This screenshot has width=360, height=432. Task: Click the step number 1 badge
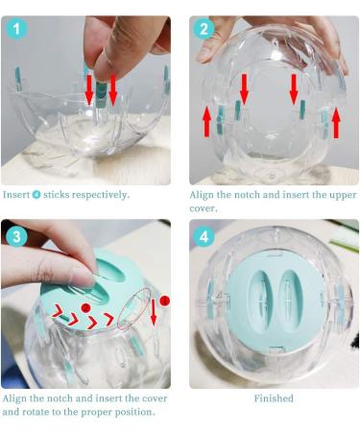(16, 29)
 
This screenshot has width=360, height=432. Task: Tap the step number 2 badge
(204, 29)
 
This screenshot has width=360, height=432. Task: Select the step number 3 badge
(16, 236)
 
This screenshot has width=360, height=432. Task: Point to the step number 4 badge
(204, 236)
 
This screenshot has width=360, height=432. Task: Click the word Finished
(274, 398)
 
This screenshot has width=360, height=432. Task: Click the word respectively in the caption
(101, 195)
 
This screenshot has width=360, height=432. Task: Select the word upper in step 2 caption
(344, 195)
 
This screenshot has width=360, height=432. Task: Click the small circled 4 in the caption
(36, 195)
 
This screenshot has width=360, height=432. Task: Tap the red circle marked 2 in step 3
(85, 308)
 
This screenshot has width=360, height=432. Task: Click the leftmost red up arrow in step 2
(207, 122)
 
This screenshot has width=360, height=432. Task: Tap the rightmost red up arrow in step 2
(336, 123)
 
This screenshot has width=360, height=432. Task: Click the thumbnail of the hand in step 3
(48, 259)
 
